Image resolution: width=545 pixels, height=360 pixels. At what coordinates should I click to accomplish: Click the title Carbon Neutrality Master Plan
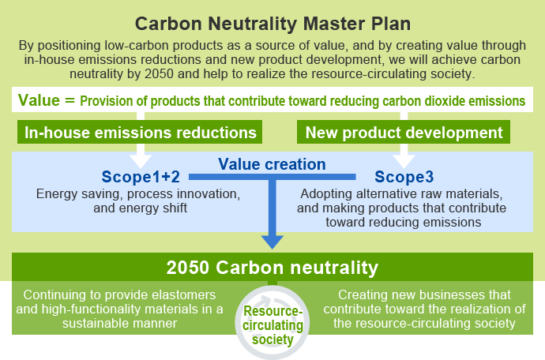(272, 24)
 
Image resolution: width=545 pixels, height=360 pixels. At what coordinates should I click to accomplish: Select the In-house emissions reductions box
(140, 132)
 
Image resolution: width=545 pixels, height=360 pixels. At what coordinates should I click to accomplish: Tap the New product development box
(404, 132)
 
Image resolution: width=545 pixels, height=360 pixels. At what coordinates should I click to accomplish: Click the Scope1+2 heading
(141, 177)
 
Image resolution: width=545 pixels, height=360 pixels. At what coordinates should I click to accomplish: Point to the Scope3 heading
(404, 177)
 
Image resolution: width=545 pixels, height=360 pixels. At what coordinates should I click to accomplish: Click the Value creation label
(272, 164)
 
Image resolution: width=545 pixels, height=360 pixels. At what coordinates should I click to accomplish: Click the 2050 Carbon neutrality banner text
(272, 268)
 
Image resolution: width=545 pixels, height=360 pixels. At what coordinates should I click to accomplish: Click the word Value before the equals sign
(39, 100)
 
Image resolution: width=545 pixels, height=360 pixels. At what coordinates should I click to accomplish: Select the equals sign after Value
(70, 101)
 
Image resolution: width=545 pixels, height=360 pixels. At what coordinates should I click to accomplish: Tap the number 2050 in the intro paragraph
(159, 73)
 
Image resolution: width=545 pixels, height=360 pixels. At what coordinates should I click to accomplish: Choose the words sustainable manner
(119, 323)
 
